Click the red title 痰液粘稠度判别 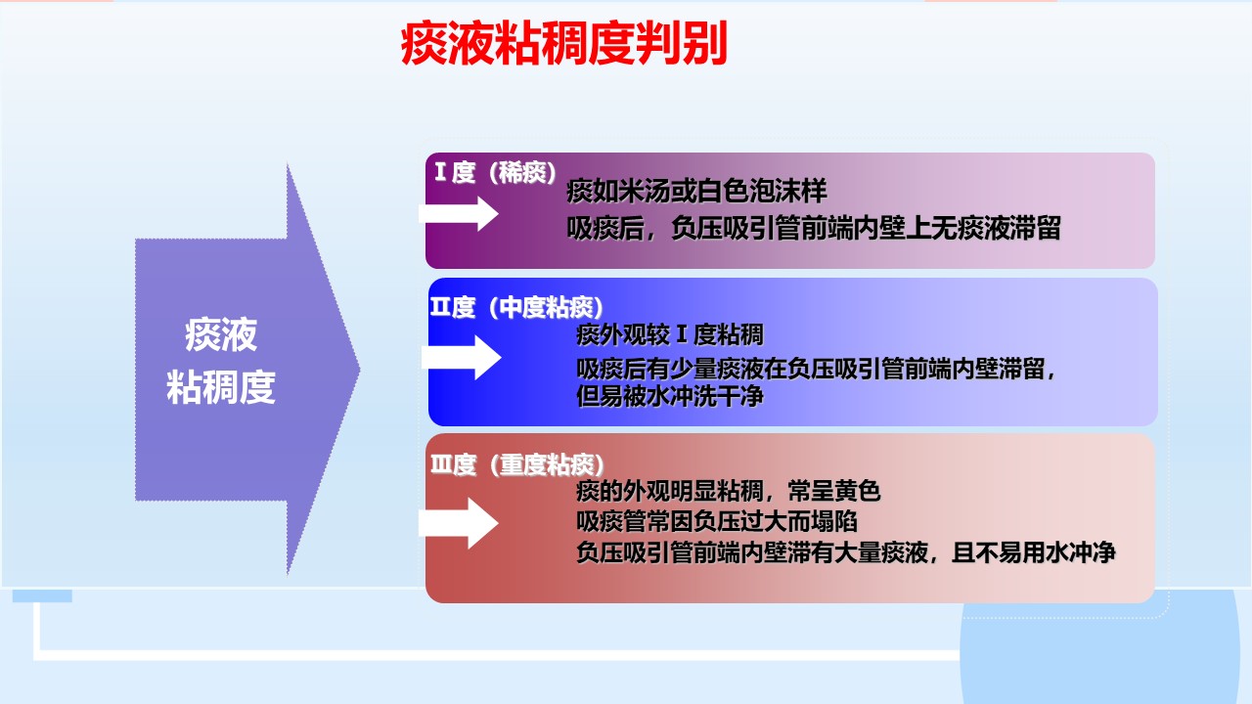tap(563, 43)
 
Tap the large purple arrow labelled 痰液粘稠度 tap(247, 369)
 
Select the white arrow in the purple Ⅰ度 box tap(459, 213)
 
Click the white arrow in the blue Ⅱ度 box tap(461, 358)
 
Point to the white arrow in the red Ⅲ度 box tap(459, 523)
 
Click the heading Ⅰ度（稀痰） tap(495, 173)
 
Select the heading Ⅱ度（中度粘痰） tap(517, 307)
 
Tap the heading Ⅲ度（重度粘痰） tap(517, 464)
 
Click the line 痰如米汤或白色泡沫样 tap(696, 191)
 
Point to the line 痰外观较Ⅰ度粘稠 tap(670, 335)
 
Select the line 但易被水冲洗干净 tap(670, 396)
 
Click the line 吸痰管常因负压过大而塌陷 tap(717, 521)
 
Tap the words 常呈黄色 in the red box tap(834, 491)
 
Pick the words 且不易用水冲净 tap(1034, 552)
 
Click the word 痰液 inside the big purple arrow tap(221, 334)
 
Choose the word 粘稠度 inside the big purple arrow tap(221, 386)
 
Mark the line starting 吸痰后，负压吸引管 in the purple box tap(814, 228)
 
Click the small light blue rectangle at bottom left tap(42, 595)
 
